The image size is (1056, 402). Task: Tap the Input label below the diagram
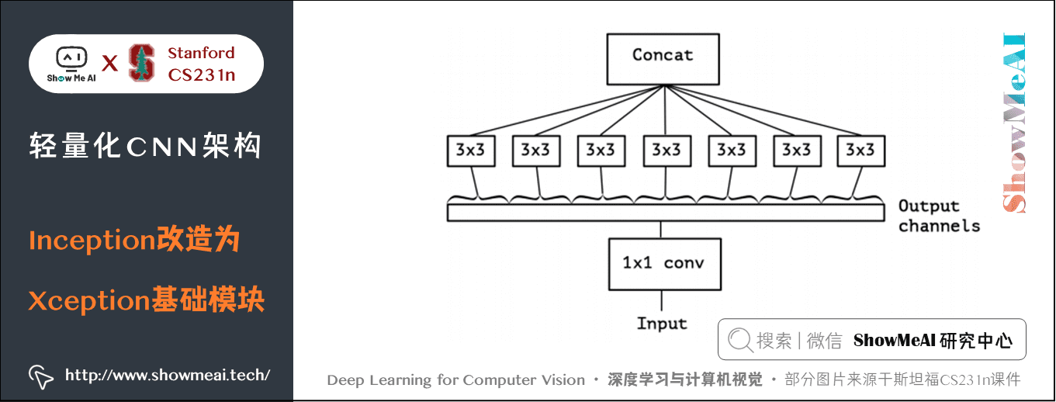click(x=662, y=323)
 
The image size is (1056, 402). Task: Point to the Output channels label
click(x=938, y=216)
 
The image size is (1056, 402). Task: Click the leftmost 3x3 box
click(x=469, y=151)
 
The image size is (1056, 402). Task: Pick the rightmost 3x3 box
click(x=860, y=151)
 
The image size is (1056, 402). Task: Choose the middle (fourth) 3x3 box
click(x=665, y=151)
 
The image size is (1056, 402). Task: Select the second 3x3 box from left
click(x=535, y=151)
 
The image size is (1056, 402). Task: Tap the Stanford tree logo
click(x=141, y=63)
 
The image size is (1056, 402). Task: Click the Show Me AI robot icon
click(x=71, y=59)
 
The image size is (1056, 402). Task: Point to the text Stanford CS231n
click(x=201, y=64)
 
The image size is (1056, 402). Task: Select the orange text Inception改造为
click(x=133, y=241)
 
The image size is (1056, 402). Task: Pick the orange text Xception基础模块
click(x=146, y=300)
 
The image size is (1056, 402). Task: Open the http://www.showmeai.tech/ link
click(x=168, y=376)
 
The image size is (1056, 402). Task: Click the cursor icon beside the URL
click(x=40, y=376)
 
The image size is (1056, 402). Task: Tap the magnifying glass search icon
click(x=740, y=340)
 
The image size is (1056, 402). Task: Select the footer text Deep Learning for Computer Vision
click(x=455, y=380)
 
